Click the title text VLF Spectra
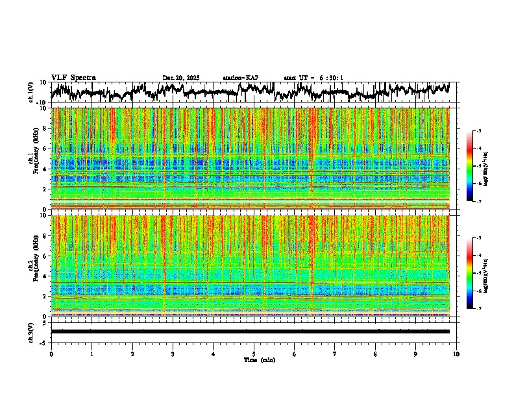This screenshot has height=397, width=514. [x=73, y=78]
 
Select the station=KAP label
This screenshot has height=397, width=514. [x=241, y=78]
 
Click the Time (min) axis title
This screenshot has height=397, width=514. [x=259, y=359]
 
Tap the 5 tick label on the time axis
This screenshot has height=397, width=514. [x=254, y=354]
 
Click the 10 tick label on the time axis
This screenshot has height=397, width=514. [x=456, y=354]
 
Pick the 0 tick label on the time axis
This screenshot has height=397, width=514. [x=51, y=354]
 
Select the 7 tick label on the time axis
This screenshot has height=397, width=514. [x=335, y=354]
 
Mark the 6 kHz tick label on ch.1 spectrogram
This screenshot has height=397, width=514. [x=45, y=149]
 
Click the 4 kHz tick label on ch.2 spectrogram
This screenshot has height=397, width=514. [x=45, y=276]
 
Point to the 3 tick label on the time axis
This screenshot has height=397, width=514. [x=173, y=354]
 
